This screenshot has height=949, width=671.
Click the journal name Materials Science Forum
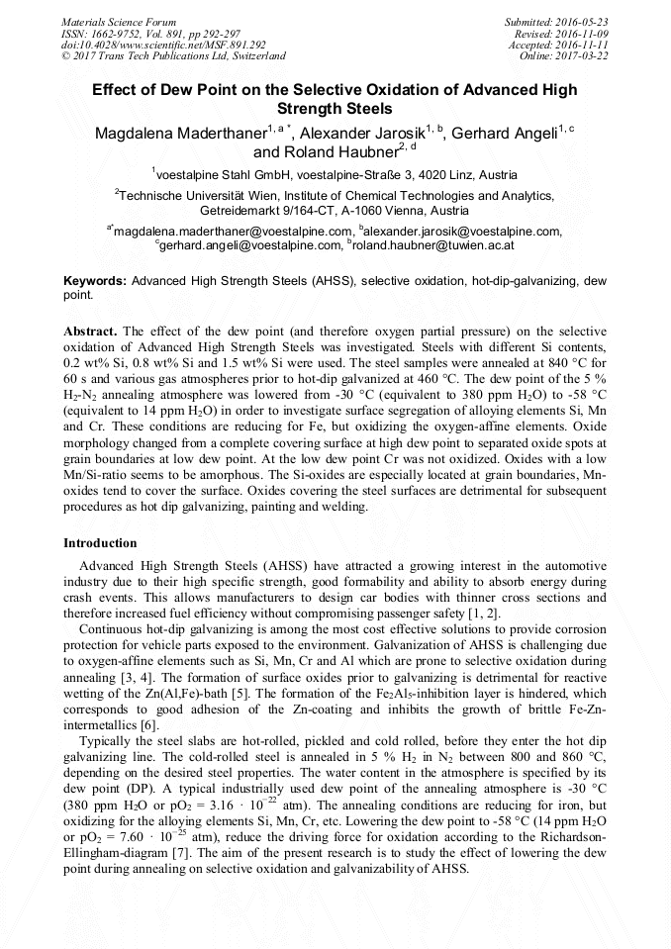[x=119, y=21]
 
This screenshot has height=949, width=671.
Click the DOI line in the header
[x=163, y=45]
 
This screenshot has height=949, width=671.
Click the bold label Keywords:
[x=95, y=282]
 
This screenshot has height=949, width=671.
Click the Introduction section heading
[x=100, y=543]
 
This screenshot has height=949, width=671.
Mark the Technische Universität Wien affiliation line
[x=335, y=196]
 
